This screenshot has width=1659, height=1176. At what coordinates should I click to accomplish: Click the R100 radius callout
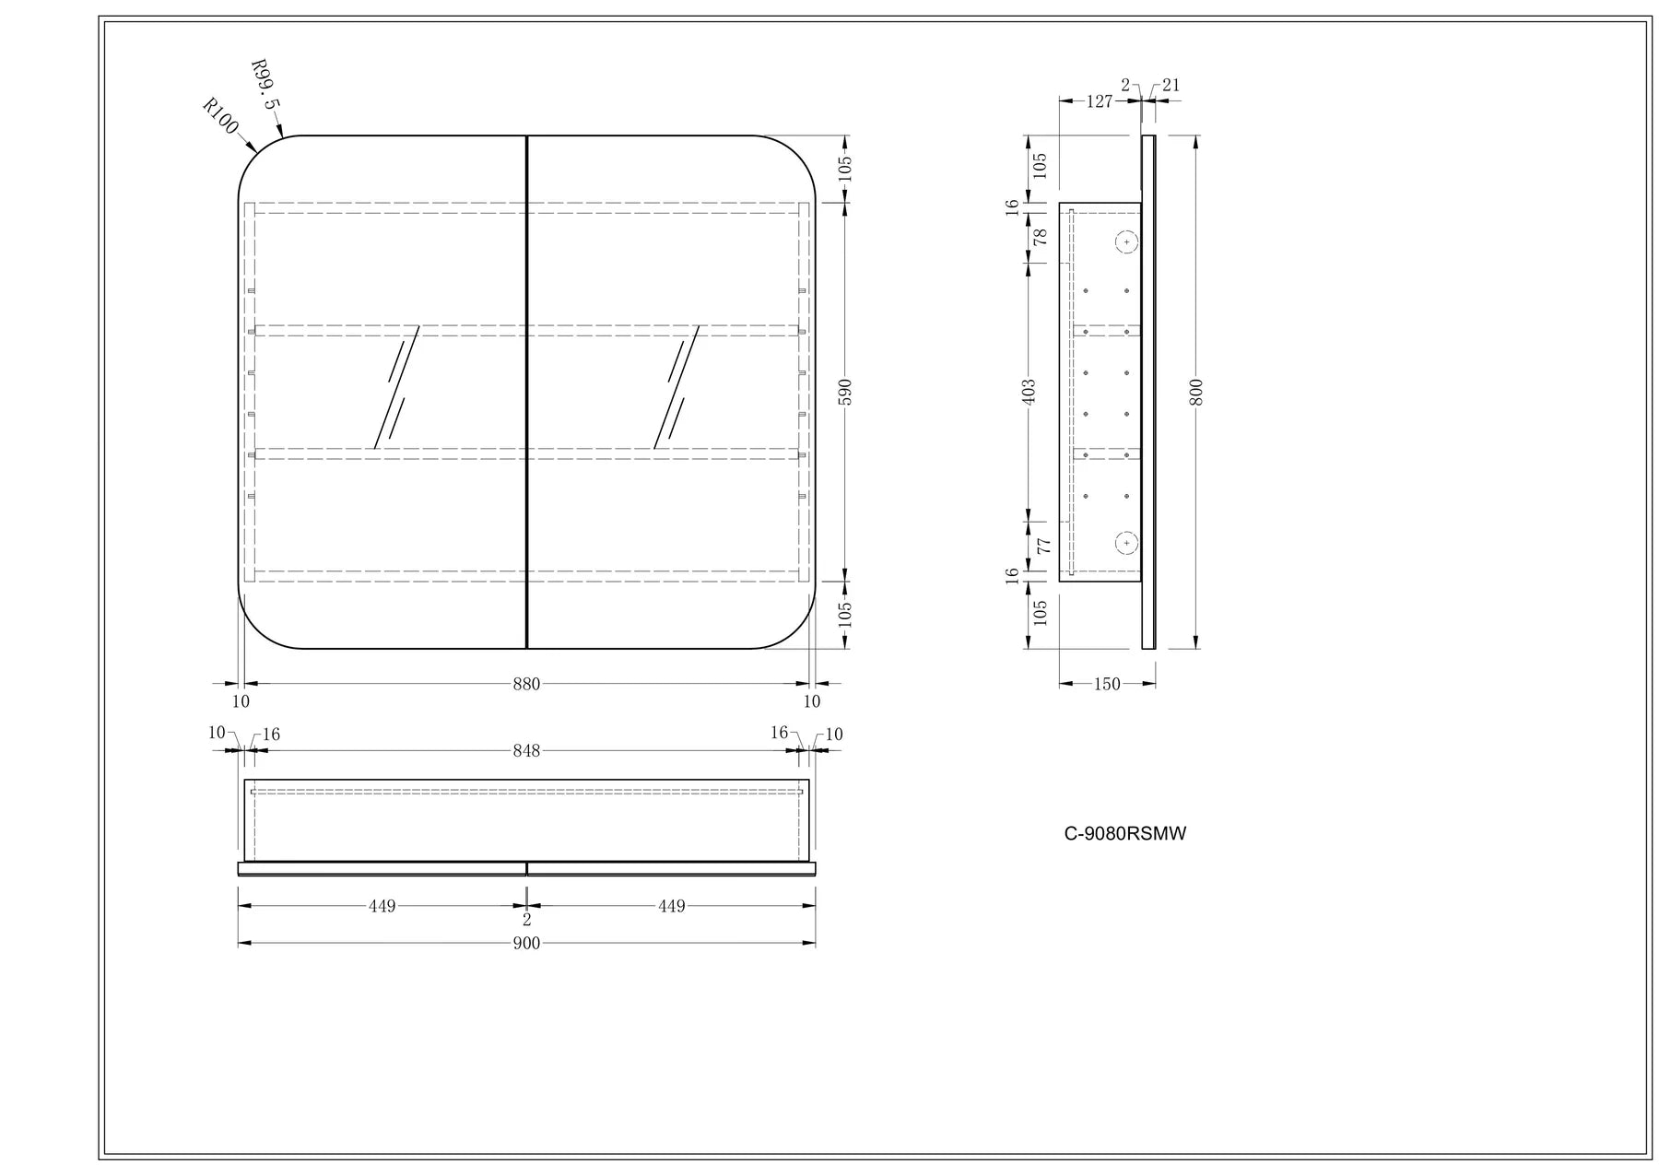[x=220, y=117]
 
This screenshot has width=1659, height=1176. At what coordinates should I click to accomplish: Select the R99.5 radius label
[x=264, y=85]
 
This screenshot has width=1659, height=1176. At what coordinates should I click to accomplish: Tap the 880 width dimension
[x=526, y=684]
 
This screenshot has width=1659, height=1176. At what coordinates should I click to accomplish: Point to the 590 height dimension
[x=846, y=391]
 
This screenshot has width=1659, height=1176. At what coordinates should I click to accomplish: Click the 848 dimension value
[x=526, y=751]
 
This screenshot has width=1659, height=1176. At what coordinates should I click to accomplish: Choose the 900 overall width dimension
[x=526, y=944]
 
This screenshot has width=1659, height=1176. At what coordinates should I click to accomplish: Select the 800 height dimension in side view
[x=1196, y=392]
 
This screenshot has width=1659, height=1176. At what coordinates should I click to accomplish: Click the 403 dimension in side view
[x=1030, y=391]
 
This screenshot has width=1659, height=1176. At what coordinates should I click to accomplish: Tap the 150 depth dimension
[x=1107, y=684]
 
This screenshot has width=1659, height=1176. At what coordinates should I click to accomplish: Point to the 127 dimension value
[x=1100, y=101]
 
